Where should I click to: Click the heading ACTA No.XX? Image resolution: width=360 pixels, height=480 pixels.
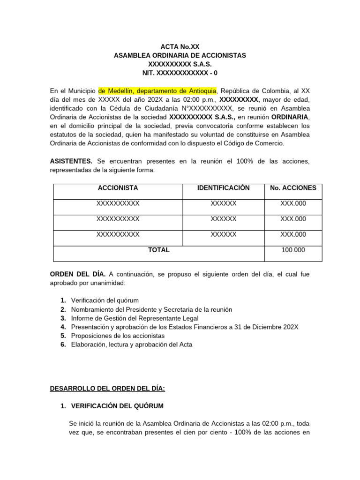180,46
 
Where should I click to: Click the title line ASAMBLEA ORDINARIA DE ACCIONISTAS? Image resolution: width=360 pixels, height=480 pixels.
180,55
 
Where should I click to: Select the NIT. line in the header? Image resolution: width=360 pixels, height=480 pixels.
180,73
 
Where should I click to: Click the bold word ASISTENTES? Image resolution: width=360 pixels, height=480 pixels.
71,161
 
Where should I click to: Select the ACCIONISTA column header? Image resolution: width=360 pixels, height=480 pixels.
118,188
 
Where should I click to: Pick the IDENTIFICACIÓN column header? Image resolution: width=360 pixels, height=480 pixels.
224,188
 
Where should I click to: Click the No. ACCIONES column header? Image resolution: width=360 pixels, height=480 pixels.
293,188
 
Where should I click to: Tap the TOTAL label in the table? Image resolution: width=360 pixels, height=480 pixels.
159,250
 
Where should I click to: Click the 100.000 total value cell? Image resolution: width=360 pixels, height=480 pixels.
293,250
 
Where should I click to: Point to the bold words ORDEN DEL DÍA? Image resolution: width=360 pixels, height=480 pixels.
78,274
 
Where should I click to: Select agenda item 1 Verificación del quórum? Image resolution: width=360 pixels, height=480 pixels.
105,300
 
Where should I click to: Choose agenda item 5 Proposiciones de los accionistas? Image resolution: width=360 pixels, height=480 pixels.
118,336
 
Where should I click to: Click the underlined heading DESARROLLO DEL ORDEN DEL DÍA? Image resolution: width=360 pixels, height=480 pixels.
107,388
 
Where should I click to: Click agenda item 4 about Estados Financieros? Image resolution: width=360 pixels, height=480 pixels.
184,327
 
